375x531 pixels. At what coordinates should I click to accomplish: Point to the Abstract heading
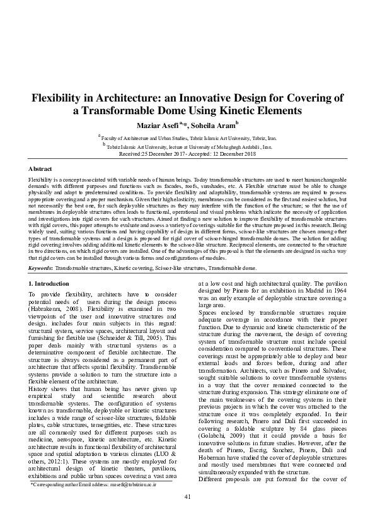[x=41, y=169]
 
